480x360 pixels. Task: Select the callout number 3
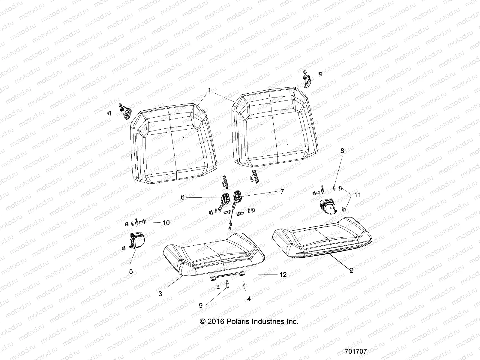tap(160, 294)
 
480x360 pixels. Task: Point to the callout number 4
tap(248, 299)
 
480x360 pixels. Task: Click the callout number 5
tap(131, 271)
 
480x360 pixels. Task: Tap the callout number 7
tap(282, 191)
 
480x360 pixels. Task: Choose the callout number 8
tap(342, 151)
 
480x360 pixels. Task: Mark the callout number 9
tap(200, 305)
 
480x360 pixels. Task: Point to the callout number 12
tap(283, 274)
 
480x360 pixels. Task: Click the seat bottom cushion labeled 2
tap(322, 237)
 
